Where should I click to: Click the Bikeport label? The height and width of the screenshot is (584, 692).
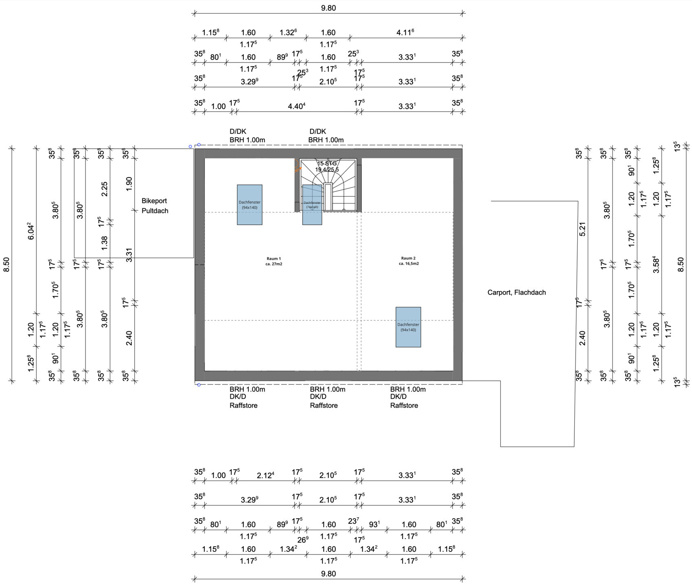(x=154, y=201)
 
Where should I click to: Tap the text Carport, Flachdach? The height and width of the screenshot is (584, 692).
(x=516, y=292)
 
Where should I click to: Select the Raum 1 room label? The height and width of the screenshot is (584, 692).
(x=274, y=261)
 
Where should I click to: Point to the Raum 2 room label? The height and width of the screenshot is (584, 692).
(x=408, y=261)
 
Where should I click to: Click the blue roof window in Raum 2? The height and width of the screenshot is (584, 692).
(x=408, y=327)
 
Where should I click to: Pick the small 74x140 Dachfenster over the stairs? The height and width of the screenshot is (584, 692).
(x=312, y=204)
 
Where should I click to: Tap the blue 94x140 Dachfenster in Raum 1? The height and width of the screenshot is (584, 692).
(x=250, y=204)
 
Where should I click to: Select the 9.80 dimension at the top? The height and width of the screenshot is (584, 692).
(x=328, y=8)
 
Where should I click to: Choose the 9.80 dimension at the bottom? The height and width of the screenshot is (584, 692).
(x=328, y=574)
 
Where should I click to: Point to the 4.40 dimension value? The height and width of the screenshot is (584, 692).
(x=296, y=106)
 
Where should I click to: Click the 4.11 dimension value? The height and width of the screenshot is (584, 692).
(x=405, y=32)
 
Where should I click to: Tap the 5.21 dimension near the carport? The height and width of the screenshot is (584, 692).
(x=582, y=229)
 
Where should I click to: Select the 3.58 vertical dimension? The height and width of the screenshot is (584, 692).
(x=656, y=264)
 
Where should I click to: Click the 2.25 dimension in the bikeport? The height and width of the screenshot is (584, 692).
(x=104, y=189)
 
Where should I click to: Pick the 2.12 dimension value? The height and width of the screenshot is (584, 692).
(x=265, y=475)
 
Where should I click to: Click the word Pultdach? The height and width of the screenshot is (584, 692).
(x=155, y=211)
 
